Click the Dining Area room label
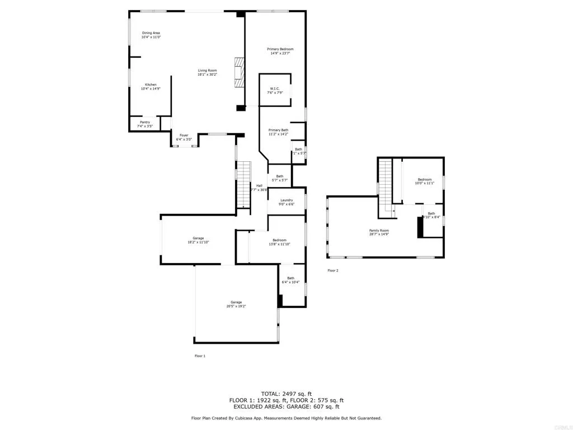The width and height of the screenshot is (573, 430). pyautogui.click(x=151, y=35)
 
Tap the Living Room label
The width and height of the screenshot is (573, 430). pyautogui.click(x=207, y=72)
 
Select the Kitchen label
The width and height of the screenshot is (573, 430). pyautogui.click(x=151, y=86)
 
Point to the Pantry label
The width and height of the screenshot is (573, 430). pyautogui.click(x=144, y=124)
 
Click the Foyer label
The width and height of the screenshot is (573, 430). pyautogui.click(x=184, y=137)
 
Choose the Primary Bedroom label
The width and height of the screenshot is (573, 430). pyautogui.click(x=280, y=51)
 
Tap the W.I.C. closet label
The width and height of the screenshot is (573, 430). pyautogui.click(x=275, y=90)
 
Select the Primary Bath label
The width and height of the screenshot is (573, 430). pyautogui.click(x=278, y=132)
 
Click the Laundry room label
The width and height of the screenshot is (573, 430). pyautogui.click(x=286, y=202)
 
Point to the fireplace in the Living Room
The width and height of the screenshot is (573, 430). pyautogui.click(x=239, y=72)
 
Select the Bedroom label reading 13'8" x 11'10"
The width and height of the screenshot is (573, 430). pyautogui.click(x=279, y=242)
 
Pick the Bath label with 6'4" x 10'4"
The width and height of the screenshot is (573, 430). pyautogui.click(x=291, y=280)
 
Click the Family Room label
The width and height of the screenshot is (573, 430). pyautogui.click(x=379, y=232)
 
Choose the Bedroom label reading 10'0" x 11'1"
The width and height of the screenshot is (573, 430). pyautogui.click(x=424, y=181)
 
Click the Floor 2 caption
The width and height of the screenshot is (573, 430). pyautogui.click(x=333, y=270)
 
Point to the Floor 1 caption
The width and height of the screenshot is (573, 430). pyautogui.click(x=200, y=356)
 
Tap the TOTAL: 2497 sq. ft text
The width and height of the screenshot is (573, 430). pyautogui.click(x=286, y=393)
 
